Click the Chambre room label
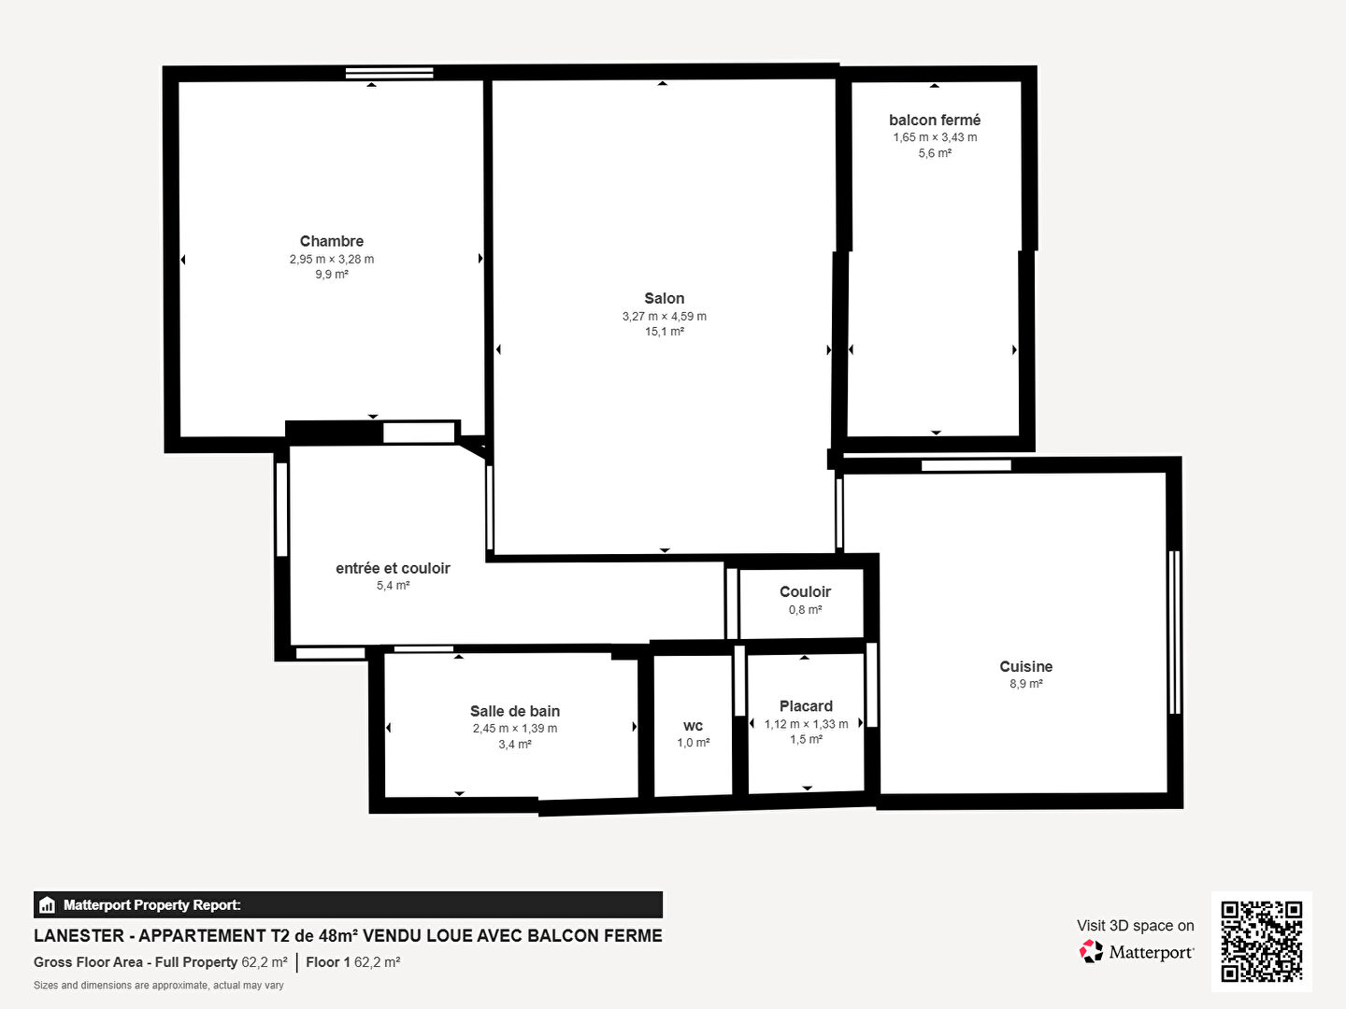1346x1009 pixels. [331, 241]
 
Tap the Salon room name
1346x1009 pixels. [664, 298]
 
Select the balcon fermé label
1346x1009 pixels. [935, 121]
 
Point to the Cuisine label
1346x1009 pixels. [1026, 666]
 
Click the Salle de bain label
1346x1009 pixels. [514, 711]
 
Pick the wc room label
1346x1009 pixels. [693, 727]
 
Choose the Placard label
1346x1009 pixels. [806, 706]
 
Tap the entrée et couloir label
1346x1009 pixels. [393, 569]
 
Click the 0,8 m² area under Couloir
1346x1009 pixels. [805, 609]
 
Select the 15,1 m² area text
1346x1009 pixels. [664, 332]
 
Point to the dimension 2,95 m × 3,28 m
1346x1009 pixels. [332, 259]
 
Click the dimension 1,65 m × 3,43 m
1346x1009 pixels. [935, 137]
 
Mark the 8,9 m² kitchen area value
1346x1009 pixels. [1026, 684]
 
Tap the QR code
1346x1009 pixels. [1261, 941]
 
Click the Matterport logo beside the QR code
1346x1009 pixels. [1137, 952]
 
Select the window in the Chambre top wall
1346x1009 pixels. [390, 73]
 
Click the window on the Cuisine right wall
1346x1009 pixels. [1175, 632]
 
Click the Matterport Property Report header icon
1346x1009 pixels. [48, 905]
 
